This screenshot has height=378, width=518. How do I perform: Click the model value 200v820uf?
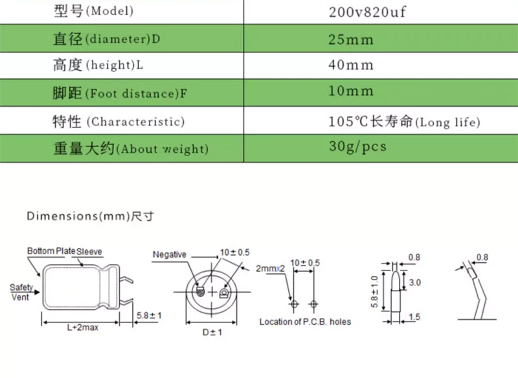pos(367,12)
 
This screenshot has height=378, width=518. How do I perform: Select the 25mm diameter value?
pos(351,39)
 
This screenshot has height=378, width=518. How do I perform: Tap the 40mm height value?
pos(351,66)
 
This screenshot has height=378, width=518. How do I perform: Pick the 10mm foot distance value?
pos(351,92)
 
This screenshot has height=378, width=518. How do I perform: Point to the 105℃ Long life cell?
pos(404,121)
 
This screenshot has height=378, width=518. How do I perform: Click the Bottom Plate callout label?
pos(51,251)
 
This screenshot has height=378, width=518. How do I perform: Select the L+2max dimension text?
pos(83,328)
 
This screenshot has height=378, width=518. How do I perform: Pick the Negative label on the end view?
pos(170,254)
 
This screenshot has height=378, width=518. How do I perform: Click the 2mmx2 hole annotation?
pos(271,268)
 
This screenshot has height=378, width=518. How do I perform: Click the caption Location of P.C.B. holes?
pos(305,322)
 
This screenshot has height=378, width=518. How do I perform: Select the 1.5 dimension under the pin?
pos(415,317)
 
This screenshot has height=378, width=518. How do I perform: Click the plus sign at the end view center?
pos(212,292)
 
